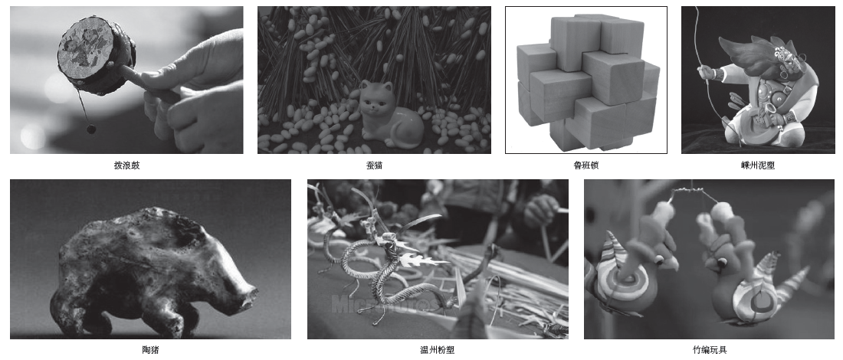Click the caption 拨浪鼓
click(127, 165)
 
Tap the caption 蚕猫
click(374, 165)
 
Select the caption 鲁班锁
click(586, 165)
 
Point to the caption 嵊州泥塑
click(757, 165)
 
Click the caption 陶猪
click(150, 350)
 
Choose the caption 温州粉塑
click(437, 350)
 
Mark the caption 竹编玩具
click(710, 350)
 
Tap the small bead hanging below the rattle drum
click(91, 129)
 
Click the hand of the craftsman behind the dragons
click(540, 211)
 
